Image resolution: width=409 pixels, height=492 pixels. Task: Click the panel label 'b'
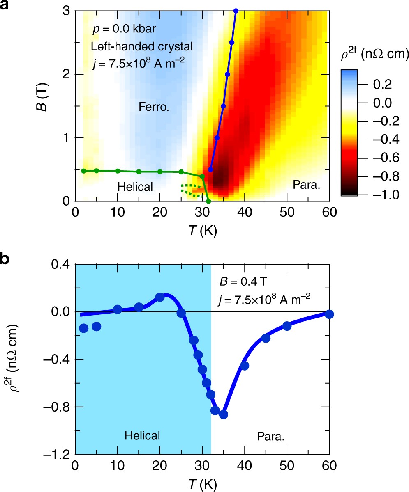[x=5, y=261]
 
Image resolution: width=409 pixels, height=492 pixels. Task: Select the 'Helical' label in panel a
[x=135, y=187]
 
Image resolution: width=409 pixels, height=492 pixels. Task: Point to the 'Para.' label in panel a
[x=307, y=185]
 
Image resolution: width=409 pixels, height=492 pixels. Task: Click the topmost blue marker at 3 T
[x=236, y=11]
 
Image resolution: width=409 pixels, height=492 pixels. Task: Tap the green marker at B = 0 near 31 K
[x=208, y=201]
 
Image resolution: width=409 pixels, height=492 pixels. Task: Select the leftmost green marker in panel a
[x=83, y=171]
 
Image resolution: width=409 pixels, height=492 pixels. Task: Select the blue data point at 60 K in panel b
[x=329, y=314]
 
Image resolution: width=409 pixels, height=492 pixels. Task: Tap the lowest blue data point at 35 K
[x=223, y=414]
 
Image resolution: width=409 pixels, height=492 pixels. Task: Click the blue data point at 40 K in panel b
[x=245, y=366]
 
